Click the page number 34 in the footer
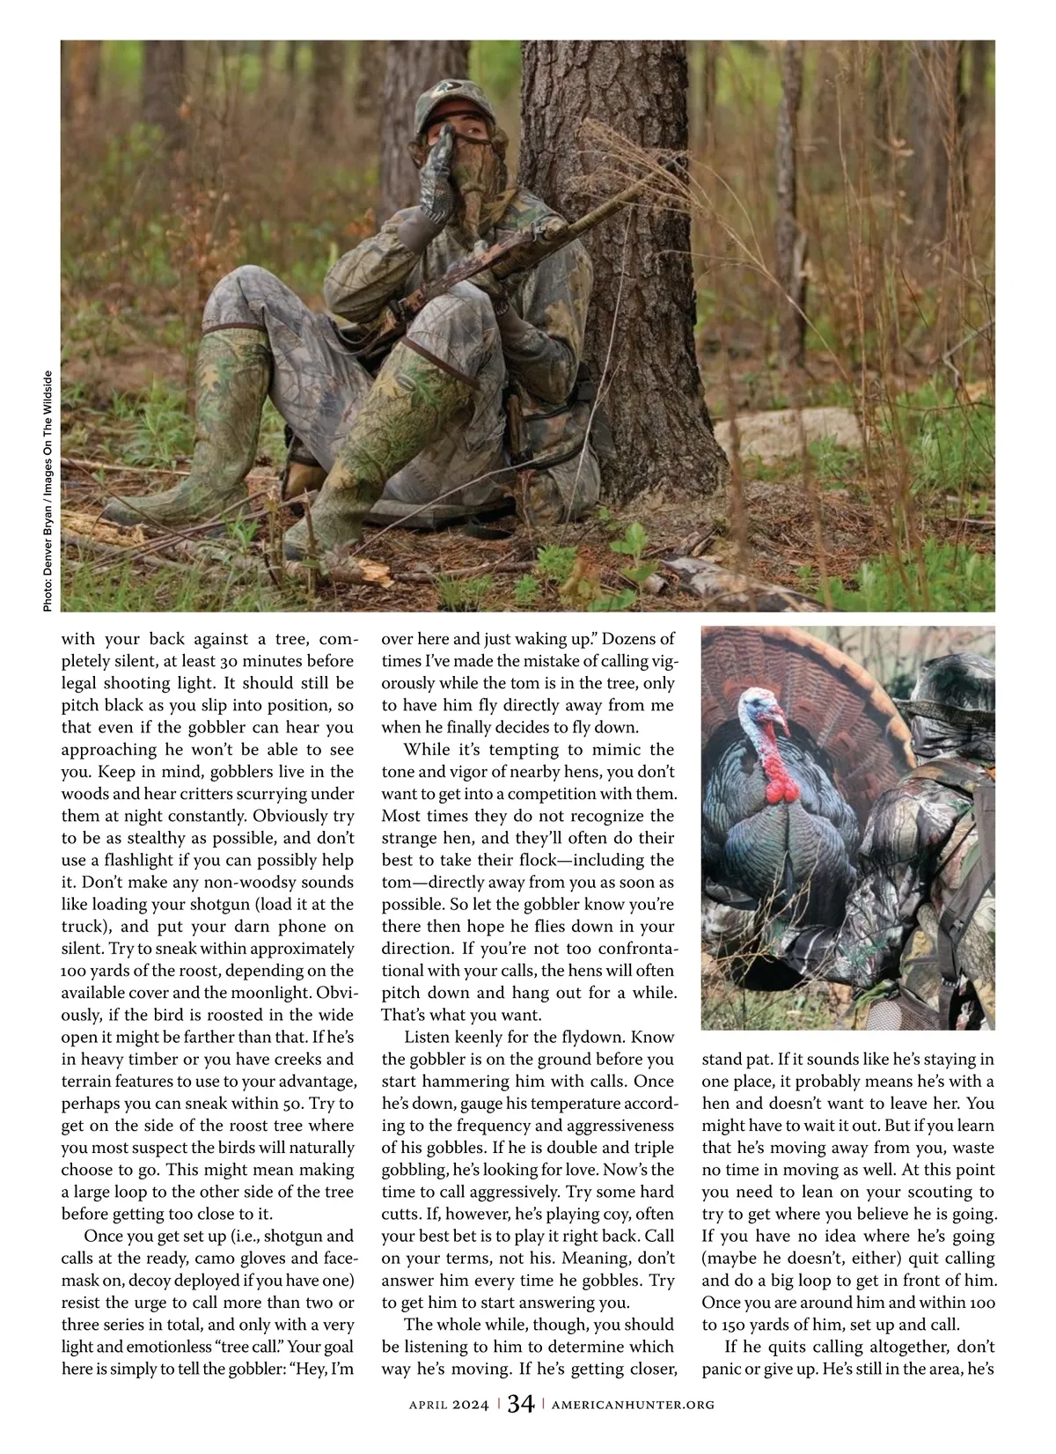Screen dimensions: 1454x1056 [520, 1405]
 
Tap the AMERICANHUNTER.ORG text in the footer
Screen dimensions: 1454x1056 [633, 1406]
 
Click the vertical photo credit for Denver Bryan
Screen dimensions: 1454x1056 [48, 492]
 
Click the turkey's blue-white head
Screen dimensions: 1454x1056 [758, 709]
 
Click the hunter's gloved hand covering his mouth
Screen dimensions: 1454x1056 [436, 176]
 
